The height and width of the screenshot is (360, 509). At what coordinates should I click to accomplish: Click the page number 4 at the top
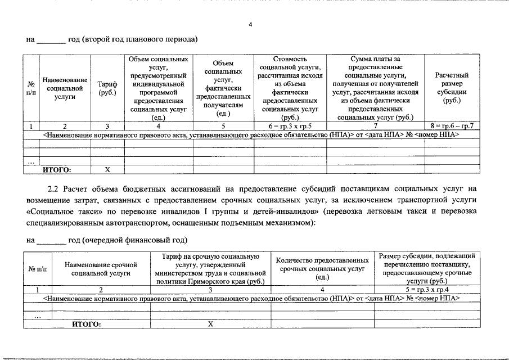(251, 24)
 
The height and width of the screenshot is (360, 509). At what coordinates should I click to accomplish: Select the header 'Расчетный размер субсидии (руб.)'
(452, 88)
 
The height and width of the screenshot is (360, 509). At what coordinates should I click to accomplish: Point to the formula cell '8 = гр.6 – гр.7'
(452, 125)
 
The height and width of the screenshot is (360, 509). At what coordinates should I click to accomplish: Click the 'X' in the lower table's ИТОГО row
(210, 324)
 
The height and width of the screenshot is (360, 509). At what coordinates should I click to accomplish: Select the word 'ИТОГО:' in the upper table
(58, 168)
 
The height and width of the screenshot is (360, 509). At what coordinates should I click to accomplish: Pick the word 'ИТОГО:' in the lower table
(85, 324)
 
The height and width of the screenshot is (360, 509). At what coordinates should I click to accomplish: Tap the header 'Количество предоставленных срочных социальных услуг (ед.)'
(322, 268)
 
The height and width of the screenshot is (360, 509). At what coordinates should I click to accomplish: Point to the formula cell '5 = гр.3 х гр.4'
(427, 290)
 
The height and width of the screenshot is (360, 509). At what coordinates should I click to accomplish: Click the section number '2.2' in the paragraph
(55, 188)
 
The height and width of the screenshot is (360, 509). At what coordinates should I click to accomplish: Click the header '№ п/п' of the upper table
(30, 88)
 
